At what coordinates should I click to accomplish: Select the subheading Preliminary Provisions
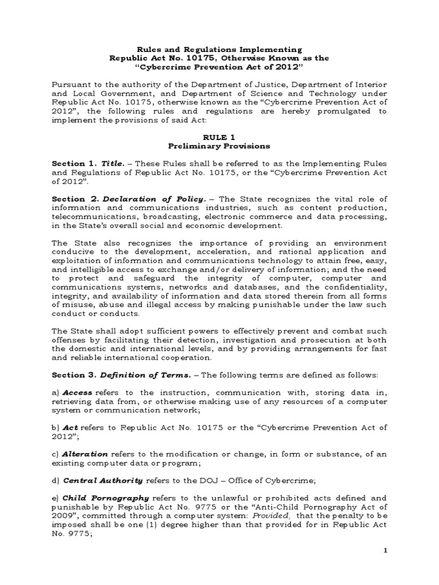tap(219, 146)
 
